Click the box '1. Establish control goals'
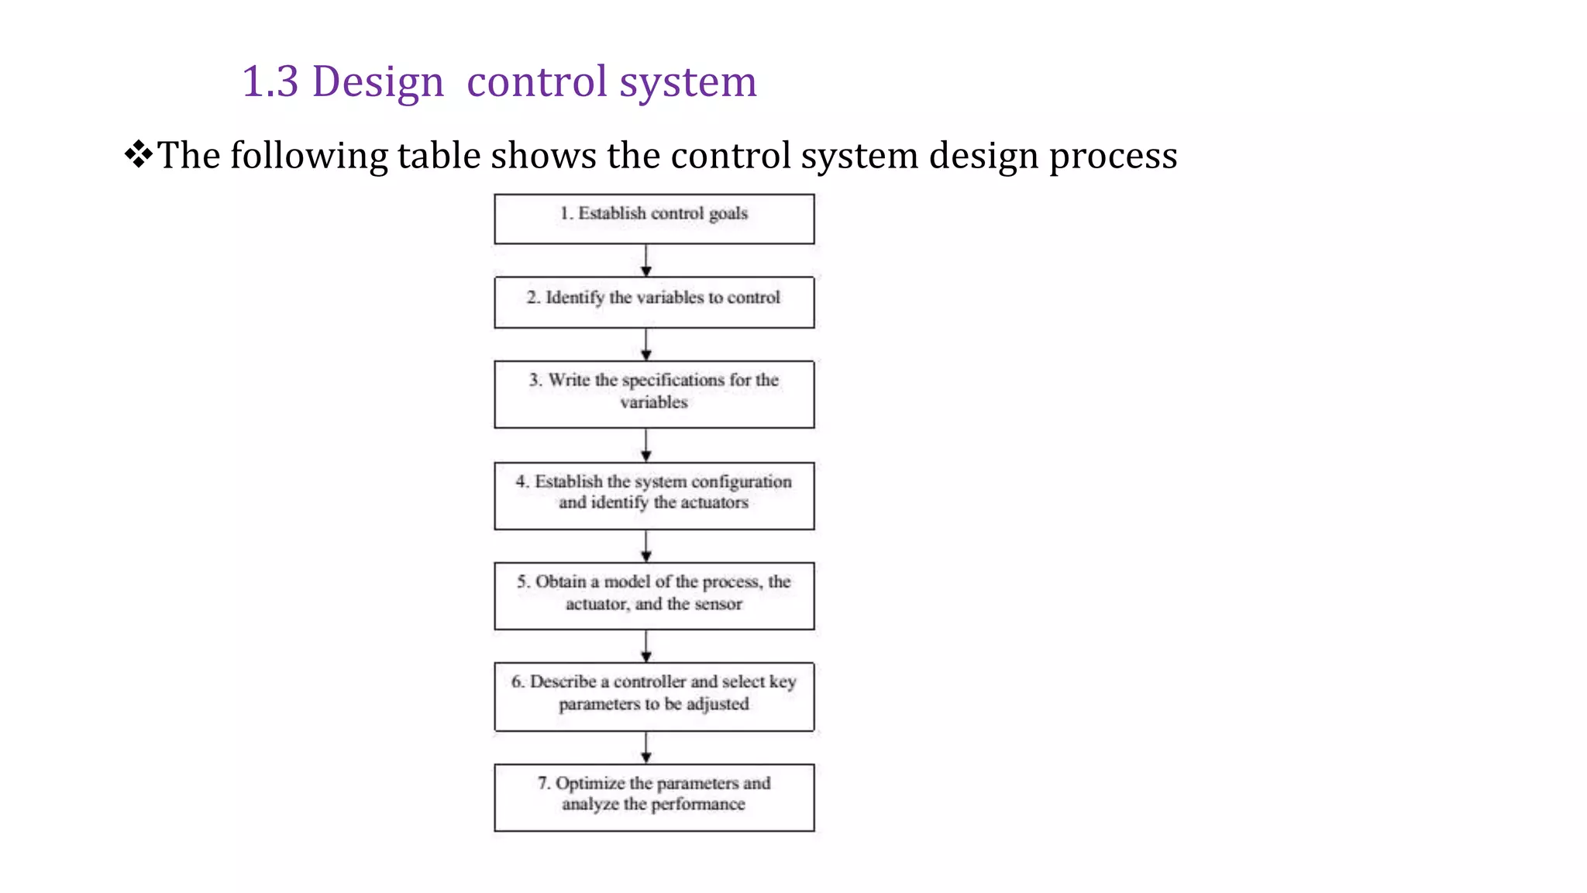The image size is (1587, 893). pyautogui.click(x=654, y=219)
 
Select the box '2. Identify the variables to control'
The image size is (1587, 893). pyautogui.click(x=654, y=302)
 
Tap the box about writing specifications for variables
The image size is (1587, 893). pyautogui.click(x=654, y=394)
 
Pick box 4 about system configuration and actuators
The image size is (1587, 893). pyautogui.click(x=654, y=496)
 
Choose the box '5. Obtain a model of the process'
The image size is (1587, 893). pyautogui.click(x=654, y=595)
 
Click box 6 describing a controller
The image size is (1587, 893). pyautogui.click(x=654, y=696)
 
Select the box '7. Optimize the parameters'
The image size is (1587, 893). pyautogui.click(x=654, y=797)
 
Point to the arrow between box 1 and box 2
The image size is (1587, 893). pyautogui.click(x=646, y=260)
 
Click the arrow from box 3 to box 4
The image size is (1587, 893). pyautogui.click(x=646, y=445)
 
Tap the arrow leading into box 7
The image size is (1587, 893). pyautogui.click(x=646, y=747)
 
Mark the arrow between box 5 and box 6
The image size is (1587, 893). pyautogui.click(x=646, y=646)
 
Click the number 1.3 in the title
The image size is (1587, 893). pyautogui.click(x=270, y=81)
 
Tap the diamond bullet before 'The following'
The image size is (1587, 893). pyautogui.click(x=138, y=153)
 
